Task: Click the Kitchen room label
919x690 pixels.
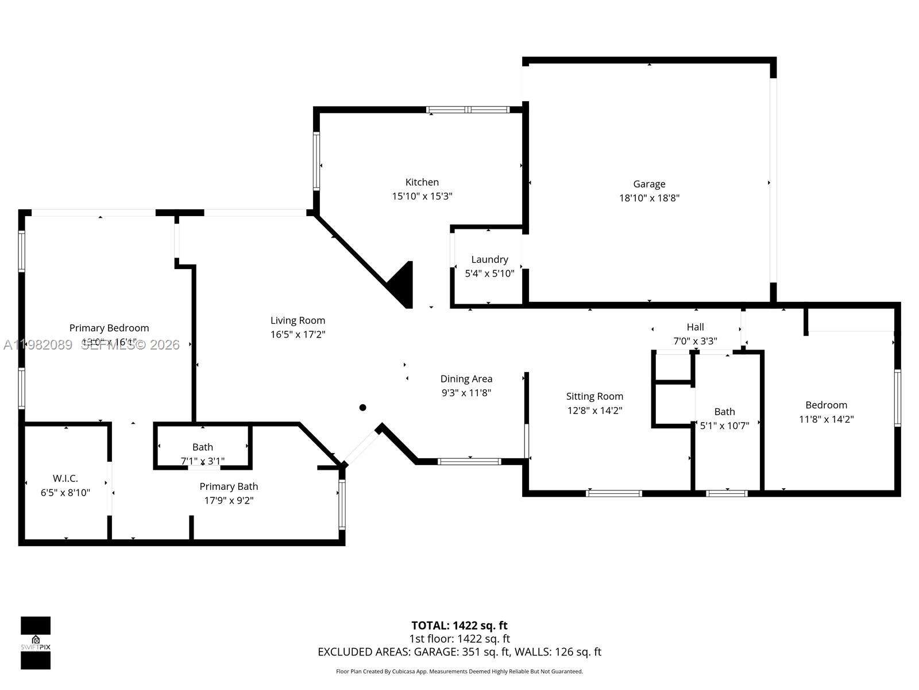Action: click(422, 182)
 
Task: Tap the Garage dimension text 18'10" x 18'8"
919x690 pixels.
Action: click(649, 198)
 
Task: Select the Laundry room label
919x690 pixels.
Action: click(489, 259)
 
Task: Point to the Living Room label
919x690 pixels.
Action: click(298, 320)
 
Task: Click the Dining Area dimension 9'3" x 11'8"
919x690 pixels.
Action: click(466, 393)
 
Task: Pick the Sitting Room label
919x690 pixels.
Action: click(594, 396)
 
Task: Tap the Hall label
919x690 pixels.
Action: click(695, 327)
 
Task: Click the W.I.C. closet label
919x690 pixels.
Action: click(65, 478)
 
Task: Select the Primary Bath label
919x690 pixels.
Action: click(229, 486)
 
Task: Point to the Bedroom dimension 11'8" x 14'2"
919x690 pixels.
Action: click(826, 419)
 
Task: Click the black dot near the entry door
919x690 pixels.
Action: click(363, 408)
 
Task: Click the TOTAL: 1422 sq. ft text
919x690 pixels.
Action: click(459, 626)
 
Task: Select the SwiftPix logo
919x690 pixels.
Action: click(36, 643)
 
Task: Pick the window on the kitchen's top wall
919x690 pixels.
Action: click(468, 110)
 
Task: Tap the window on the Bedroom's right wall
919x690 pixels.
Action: click(897, 398)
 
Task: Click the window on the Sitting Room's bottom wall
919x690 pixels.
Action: click(614, 493)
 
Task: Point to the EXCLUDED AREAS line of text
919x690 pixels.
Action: click(459, 652)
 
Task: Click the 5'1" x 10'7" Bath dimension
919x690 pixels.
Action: click(724, 426)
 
